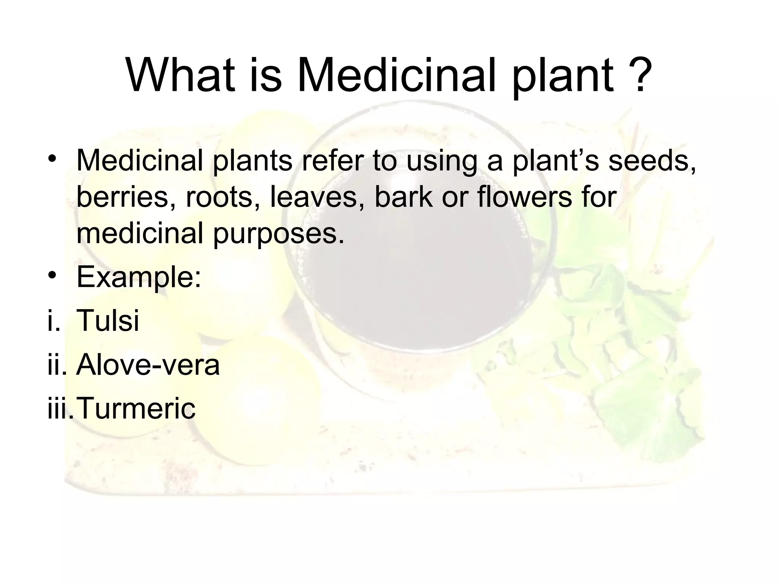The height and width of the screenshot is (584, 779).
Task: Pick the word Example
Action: pos(138,278)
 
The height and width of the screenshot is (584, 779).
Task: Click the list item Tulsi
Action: pos(108,321)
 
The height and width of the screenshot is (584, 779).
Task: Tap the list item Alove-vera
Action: pos(148,365)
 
